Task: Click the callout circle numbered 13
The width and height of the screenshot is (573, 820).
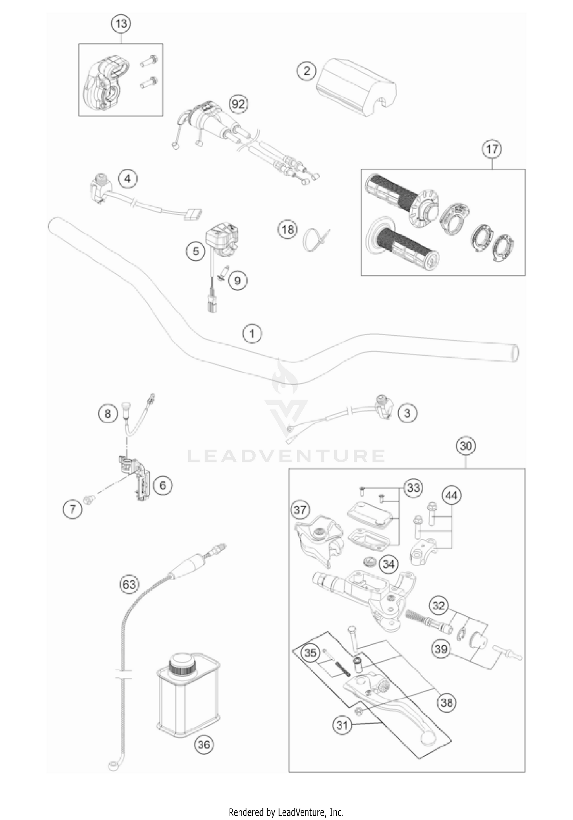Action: (121, 24)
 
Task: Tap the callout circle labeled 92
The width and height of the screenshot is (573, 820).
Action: (238, 104)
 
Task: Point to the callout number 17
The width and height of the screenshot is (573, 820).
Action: (492, 149)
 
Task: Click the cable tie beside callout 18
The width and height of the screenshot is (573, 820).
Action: (314, 240)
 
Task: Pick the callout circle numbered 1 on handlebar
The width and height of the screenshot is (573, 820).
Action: (252, 333)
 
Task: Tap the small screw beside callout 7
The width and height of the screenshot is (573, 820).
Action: (91, 498)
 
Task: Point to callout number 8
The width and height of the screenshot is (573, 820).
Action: (108, 413)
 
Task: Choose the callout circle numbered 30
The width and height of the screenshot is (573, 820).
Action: (466, 446)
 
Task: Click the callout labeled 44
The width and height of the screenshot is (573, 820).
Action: (451, 496)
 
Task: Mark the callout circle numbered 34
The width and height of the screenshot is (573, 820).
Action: (388, 564)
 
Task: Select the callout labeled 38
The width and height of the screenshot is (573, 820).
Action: (446, 702)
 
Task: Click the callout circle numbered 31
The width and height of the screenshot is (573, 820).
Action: (342, 724)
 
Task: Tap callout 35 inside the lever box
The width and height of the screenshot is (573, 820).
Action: (310, 653)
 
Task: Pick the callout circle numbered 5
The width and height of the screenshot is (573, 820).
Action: (196, 251)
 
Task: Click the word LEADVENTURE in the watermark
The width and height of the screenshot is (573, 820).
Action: (286, 456)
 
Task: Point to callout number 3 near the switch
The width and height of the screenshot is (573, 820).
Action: (407, 413)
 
